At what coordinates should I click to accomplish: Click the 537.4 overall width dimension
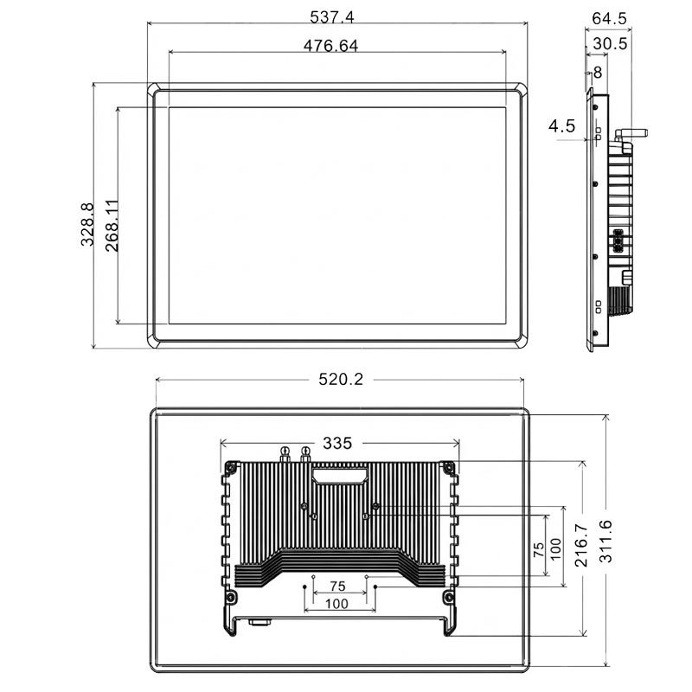[337, 17]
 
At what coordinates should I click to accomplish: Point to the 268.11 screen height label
[112, 225]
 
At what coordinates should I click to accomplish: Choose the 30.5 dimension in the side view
[611, 43]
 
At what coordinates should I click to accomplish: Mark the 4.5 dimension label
[561, 126]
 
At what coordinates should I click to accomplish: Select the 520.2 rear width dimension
[339, 380]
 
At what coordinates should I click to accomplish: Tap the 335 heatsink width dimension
[336, 444]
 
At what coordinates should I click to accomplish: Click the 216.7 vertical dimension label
[581, 542]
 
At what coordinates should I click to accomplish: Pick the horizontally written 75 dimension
[337, 586]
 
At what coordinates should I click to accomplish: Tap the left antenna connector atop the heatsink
[285, 452]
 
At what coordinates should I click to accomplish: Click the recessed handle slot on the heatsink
[339, 473]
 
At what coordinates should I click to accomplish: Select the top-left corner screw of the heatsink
[231, 468]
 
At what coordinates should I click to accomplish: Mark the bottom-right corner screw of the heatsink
[448, 598]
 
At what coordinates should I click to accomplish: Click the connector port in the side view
[619, 241]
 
